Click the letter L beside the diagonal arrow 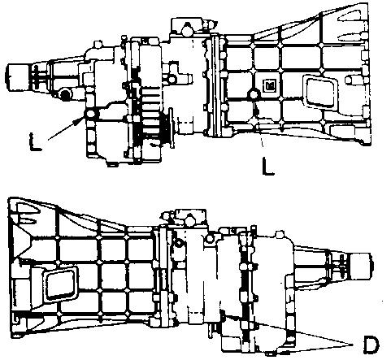tap(35, 142)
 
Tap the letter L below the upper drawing tap(268, 166)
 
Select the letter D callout tap(371, 345)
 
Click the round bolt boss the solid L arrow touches tap(89, 114)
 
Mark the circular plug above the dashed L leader tap(254, 94)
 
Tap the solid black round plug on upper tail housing tap(65, 95)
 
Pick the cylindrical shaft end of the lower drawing tap(360, 267)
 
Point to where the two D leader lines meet tap(353, 345)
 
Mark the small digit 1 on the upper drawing tap(90, 68)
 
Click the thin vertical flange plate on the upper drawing tap(172, 128)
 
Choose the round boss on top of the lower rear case tap(281, 235)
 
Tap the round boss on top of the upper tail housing tap(98, 45)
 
